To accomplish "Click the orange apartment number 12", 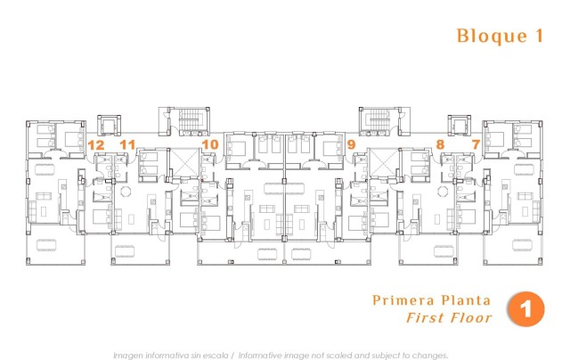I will pos(96,143).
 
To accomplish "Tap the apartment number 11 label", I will pos(127,143).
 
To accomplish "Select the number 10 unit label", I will pos(210,143).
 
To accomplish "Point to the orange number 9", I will pos(352,143).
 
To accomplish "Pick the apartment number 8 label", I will pos(440,143).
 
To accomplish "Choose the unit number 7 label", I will pos(476,143).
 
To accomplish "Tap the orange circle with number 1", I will pos(525,309).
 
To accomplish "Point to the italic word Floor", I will pos(470,318).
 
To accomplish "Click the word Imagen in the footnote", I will pos(129,354).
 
